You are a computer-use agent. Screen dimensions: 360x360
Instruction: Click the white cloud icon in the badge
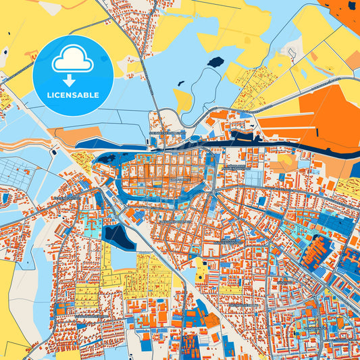[x=73, y=61]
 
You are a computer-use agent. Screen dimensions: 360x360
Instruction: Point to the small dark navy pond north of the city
[x=215, y=62]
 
